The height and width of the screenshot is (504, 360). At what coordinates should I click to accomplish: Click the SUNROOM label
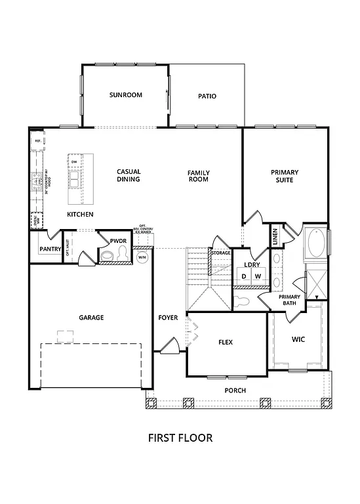125,95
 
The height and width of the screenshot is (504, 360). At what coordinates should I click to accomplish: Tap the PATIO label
207,96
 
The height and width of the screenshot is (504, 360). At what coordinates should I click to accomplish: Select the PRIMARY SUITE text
284,176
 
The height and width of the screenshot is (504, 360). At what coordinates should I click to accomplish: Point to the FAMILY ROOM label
198,176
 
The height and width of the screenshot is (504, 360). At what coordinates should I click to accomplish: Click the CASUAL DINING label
129,176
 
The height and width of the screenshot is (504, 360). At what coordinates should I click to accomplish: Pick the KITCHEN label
80,215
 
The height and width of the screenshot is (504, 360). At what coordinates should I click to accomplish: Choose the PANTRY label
50,249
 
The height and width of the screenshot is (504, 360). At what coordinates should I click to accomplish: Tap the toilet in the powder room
107,255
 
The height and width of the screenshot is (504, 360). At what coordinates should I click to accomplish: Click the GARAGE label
91,318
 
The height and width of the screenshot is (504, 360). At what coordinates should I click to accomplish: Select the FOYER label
168,318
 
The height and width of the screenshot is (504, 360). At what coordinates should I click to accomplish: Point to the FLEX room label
226,342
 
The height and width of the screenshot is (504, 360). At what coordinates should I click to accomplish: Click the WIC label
298,339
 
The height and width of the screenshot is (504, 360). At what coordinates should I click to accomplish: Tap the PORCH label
235,390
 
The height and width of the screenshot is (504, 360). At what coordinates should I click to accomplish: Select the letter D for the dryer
244,276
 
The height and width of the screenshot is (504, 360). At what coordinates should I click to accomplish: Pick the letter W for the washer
258,276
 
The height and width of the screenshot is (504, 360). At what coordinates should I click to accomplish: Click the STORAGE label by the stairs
220,252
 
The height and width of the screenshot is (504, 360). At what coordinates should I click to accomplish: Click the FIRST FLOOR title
180,438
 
